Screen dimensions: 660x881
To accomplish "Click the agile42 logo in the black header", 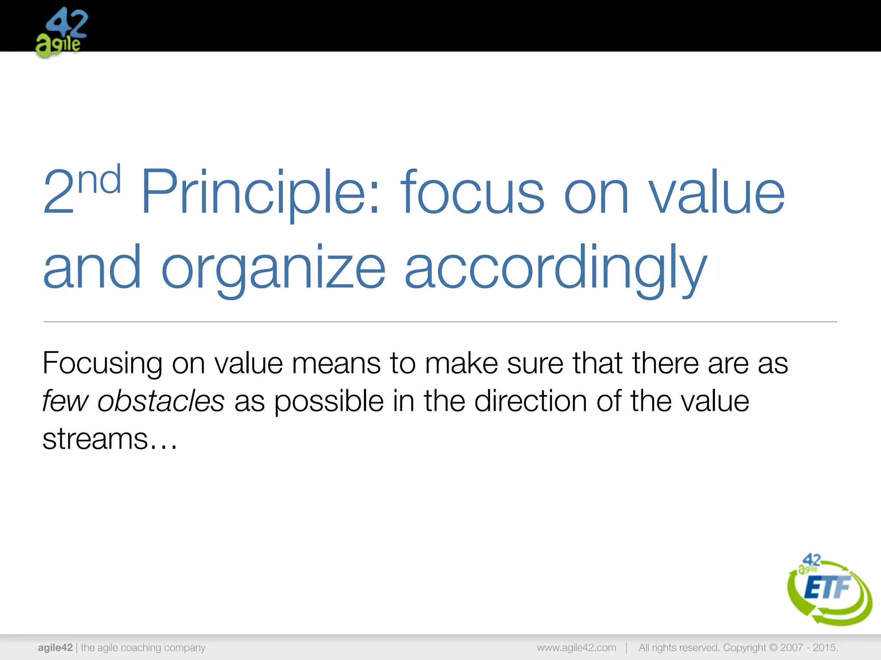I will (62, 32).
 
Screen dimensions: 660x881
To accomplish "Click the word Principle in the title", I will (260, 192).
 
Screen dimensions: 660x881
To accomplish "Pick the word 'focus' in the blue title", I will (472, 192).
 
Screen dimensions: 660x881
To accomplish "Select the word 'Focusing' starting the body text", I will (102, 364).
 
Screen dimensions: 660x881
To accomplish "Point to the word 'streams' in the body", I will (95, 439).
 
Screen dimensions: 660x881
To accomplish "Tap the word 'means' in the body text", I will (336, 364).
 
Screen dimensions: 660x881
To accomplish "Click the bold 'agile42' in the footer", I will (55, 648).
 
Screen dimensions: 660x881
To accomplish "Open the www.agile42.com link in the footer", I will (576, 648).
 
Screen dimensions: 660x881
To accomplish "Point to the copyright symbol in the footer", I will (773, 648).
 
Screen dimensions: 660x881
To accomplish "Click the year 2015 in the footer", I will (824, 648).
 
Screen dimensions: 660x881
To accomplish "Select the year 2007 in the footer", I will (792, 648).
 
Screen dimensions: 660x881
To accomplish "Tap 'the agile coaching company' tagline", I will (143, 648).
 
